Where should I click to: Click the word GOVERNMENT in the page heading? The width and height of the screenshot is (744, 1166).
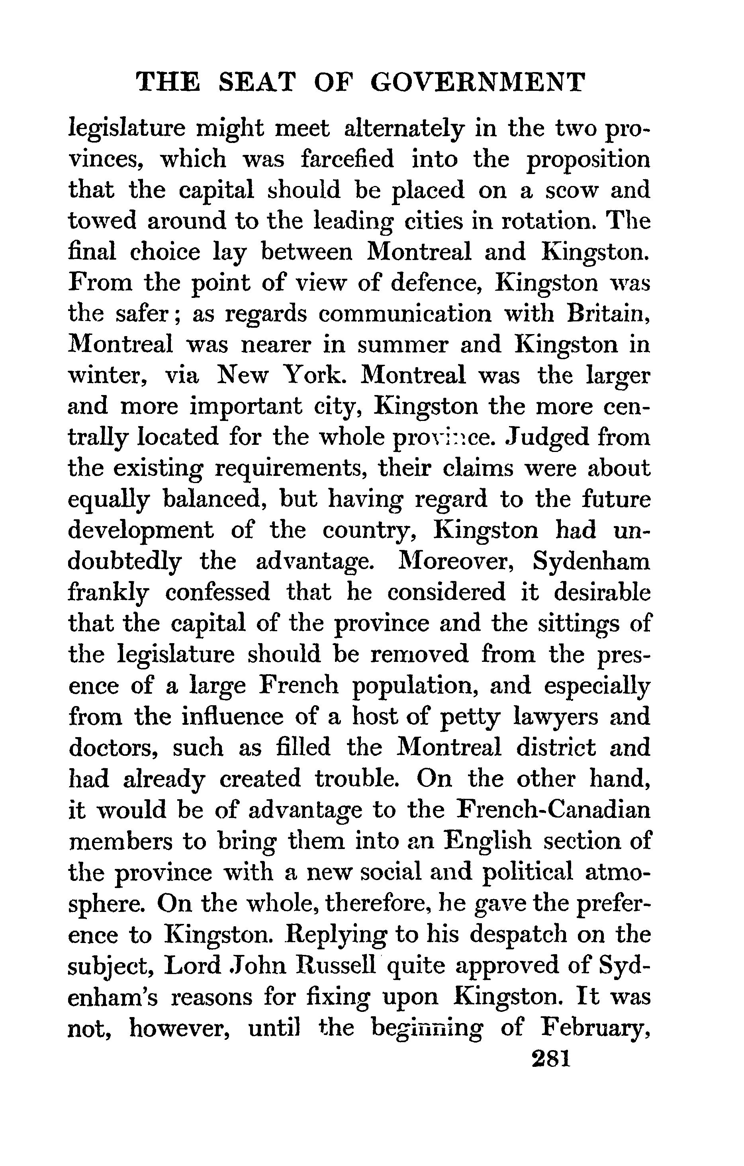[478, 82]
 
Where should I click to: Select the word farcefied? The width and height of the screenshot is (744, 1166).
[347, 160]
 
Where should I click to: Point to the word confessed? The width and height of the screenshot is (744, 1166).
[217, 593]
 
